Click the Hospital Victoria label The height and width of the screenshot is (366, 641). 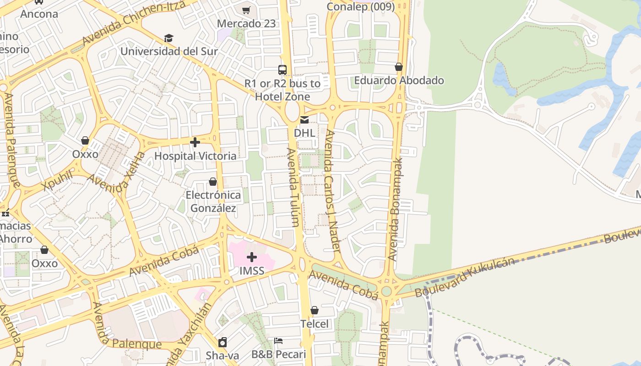(x=196, y=156)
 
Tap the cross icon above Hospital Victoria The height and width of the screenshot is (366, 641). (x=195, y=143)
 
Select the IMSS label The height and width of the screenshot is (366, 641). (x=252, y=270)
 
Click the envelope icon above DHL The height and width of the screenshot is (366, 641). (x=304, y=120)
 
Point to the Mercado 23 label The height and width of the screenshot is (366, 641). (x=246, y=23)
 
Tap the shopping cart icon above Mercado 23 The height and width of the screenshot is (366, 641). (x=246, y=10)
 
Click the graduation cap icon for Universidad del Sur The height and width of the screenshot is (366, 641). (x=169, y=38)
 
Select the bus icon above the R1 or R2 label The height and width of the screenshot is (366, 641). (x=282, y=70)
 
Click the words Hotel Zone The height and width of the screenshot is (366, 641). (x=282, y=97)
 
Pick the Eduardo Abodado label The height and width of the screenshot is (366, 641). (x=399, y=81)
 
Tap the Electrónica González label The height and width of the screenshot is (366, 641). (x=213, y=202)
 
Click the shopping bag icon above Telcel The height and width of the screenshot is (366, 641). (x=315, y=311)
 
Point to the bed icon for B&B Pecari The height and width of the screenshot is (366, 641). (x=278, y=341)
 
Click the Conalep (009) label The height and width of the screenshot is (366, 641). (x=360, y=6)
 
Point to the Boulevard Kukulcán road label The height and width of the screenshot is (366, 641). (x=465, y=277)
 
